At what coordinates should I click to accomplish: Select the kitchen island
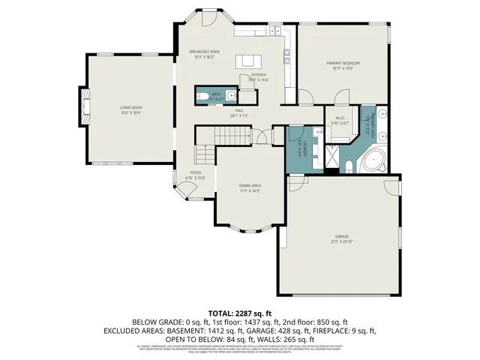pos(245,61)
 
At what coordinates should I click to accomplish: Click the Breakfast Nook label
pos(204,52)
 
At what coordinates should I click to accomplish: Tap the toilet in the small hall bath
pos(201,95)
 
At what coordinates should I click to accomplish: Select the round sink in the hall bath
pos(231,95)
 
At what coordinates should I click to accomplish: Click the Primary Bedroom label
pos(343,63)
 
